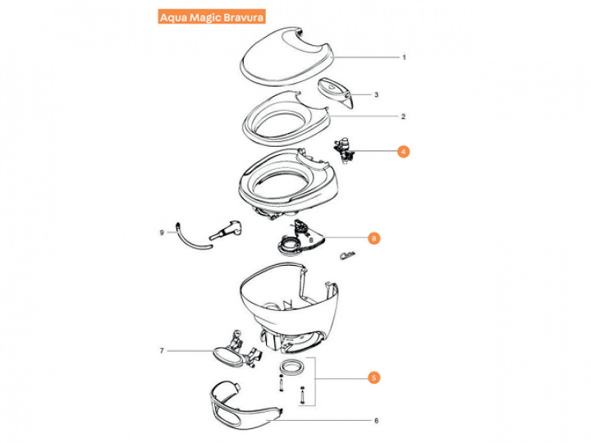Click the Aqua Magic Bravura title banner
(x=212, y=17)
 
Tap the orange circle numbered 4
(x=403, y=152)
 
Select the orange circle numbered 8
(x=374, y=238)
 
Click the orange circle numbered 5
(x=374, y=377)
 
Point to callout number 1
(x=404, y=57)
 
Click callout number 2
(x=403, y=116)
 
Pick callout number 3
(x=376, y=94)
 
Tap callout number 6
(x=376, y=420)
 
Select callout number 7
(x=162, y=351)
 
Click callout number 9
(x=162, y=233)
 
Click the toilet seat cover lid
(x=286, y=57)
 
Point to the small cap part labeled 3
(x=336, y=92)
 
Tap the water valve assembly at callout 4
(x=344, y=151)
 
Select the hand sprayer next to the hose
(x=226, y=230)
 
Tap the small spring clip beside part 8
(x=347, y=256)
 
